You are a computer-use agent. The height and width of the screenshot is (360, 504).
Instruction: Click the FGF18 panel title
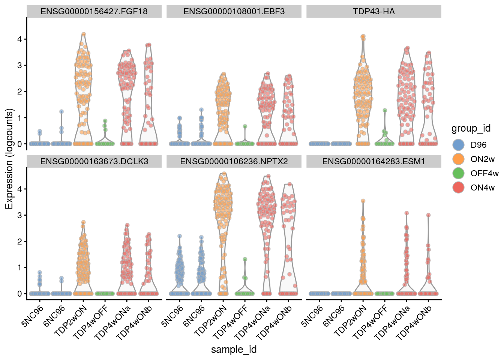94,11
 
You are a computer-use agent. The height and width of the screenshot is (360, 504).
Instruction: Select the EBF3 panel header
234,11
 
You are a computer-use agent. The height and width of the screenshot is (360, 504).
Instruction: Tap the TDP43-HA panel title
373,11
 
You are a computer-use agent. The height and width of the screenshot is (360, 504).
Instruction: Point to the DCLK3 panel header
94,161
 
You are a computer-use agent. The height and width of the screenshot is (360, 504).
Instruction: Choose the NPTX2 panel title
234,161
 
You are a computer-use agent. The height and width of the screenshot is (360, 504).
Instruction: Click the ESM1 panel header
373,161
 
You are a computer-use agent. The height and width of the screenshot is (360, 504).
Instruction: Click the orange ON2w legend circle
458,159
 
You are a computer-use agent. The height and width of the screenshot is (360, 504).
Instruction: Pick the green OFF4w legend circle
458,173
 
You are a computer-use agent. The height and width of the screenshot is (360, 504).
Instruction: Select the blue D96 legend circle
458,145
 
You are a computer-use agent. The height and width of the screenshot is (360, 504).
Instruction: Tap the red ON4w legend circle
458,187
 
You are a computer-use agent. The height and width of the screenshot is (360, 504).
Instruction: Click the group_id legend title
471,128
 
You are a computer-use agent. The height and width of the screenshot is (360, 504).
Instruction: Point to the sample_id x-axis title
234,349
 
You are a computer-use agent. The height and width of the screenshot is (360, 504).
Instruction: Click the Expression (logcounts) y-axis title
9,159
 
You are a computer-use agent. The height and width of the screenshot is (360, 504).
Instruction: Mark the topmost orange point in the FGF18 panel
84,34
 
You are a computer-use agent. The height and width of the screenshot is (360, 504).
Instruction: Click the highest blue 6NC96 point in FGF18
61,112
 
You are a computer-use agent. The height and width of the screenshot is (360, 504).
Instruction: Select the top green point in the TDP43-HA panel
385,111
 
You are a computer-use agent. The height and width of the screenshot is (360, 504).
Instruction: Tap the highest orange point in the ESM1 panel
363,201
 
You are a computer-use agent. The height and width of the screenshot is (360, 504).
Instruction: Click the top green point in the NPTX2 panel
245,259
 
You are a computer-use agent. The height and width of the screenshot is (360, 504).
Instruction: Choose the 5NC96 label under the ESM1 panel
312,316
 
